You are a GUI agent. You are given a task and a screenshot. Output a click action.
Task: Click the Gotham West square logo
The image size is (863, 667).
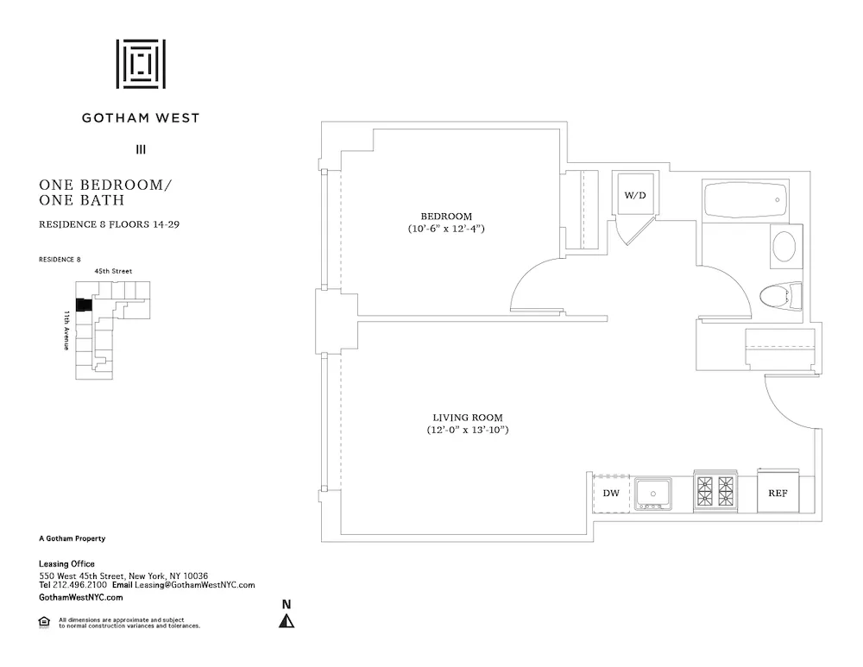tap(141, 64)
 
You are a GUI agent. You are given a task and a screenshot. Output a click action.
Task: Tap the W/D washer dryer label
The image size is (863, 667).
tap(635, 196)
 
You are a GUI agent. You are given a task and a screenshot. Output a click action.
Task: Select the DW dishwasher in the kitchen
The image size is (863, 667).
tap(611, 494)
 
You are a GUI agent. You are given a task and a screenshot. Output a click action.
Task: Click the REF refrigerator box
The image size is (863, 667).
tap(778, 494)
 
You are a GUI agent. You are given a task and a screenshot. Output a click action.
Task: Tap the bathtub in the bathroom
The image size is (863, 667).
tap(743, 201)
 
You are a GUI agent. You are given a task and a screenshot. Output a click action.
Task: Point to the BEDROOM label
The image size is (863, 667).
tap(446, 216)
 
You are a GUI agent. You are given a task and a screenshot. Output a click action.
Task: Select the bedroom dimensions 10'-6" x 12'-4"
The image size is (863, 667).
tap(446, 230)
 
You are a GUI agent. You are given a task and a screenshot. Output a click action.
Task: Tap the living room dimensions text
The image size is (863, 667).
tap(467, 430)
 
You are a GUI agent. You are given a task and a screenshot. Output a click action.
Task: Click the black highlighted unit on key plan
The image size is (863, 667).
tap(84, 305)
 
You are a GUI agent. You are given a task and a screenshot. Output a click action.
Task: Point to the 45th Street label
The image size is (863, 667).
tap(114, 271)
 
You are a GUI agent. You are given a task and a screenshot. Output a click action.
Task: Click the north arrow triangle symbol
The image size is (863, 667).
tap(287, 620)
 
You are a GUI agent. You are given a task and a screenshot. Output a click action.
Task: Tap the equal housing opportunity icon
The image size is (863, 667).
tap(44, 621)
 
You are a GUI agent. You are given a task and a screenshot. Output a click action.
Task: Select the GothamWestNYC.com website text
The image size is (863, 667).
tap(81, 597)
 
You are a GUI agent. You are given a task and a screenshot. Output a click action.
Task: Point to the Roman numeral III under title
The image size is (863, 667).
tap(141, 149)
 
